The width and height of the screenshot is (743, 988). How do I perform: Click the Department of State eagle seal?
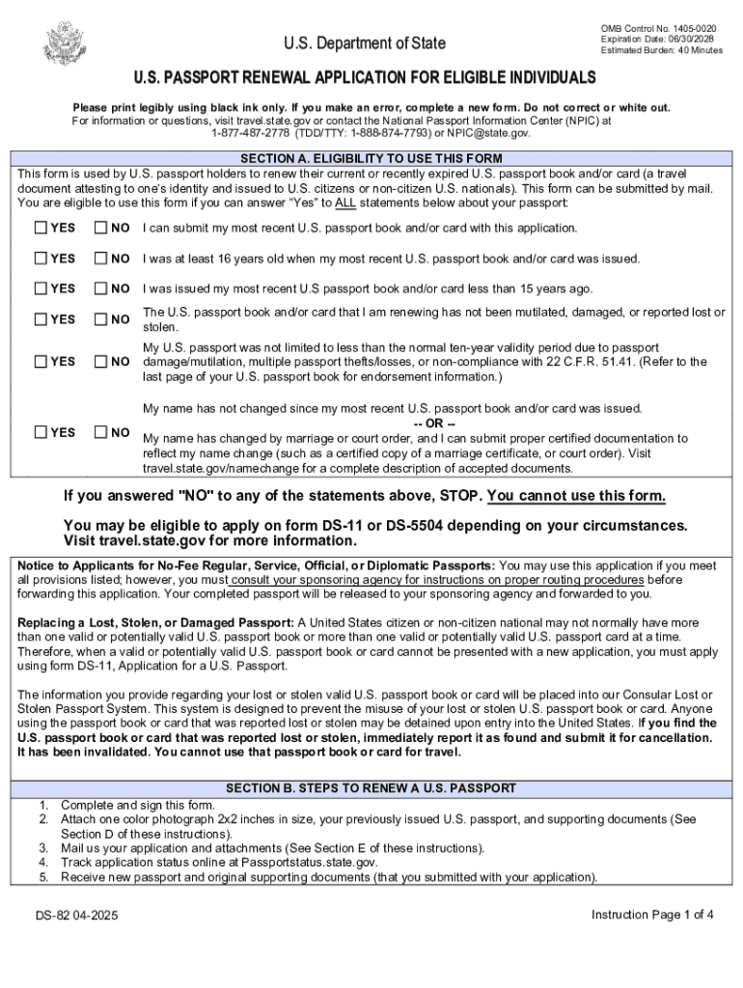[x=66, y=43]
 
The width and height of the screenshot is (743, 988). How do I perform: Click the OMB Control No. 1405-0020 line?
[x=658, y=29]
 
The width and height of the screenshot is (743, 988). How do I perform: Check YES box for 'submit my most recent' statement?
[x=41, y=229]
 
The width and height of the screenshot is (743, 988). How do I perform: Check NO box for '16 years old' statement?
[x=100, y=259]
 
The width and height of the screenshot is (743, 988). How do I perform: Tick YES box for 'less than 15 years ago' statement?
[x=41, y=288]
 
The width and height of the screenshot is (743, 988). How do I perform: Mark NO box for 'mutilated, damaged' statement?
[x=100, y=319]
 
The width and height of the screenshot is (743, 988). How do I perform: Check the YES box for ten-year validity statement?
[x=41, y=362]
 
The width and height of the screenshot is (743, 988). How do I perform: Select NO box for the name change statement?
[x=100, y=432]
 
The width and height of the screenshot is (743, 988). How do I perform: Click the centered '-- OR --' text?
[x=433, y=424]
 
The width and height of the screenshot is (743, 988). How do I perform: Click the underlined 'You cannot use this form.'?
[x=576, y=496]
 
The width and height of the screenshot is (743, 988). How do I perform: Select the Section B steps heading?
[x=371, y=788]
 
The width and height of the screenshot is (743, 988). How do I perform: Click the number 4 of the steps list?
[x=43, y=863]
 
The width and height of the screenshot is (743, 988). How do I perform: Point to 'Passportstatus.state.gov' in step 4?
[x=315, y=863]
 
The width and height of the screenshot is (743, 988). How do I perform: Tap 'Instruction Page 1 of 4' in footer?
[x=652, y=915]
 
